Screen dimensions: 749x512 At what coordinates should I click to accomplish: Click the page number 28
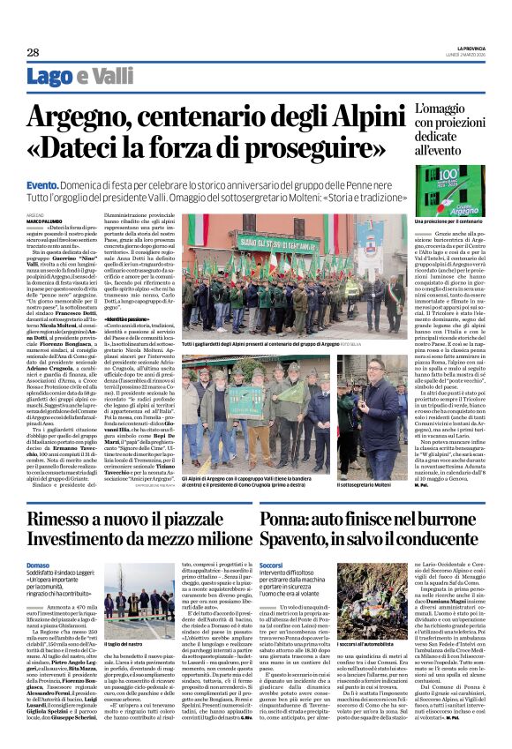coord(33,53)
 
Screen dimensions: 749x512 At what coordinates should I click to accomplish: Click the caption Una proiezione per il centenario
coord(444,221)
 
